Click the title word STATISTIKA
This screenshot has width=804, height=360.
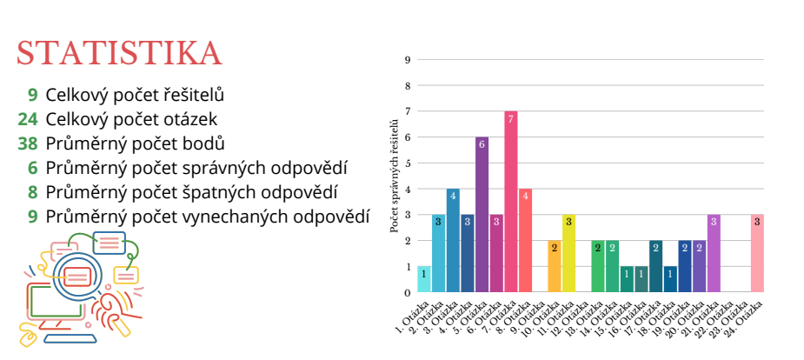pos(119,53)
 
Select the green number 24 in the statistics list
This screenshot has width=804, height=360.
pos(28,119)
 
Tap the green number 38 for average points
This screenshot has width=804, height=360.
pos(28,143)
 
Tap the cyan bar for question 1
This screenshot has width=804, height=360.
pos(424,279)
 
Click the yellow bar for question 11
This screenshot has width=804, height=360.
pos(568,253)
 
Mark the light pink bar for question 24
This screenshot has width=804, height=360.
pos(757,253)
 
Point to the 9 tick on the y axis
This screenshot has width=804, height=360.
pos(407,60)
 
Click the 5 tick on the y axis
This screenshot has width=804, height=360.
pos(407,163)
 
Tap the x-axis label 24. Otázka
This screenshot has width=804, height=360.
pos(749,318)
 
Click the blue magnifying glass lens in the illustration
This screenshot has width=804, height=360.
pos(78,277)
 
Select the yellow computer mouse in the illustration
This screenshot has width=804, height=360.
pos(27,336)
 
